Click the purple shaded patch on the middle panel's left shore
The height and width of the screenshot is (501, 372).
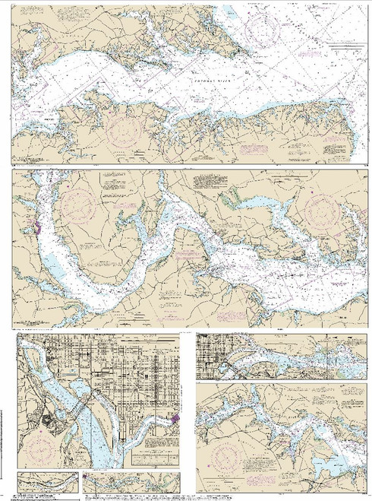36,227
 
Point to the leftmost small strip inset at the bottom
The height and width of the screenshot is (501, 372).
47,481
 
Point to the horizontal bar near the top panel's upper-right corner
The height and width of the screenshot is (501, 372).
345,48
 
